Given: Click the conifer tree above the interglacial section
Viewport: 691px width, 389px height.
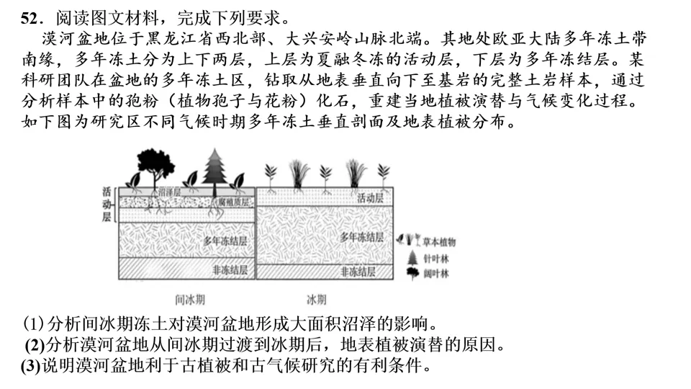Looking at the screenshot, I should coord(214,167).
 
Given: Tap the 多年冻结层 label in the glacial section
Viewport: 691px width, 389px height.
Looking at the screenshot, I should coord(361,237).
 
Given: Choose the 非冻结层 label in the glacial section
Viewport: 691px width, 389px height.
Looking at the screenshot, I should coord(358,272).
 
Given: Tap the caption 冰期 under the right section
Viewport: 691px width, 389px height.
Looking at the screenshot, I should coord(317,299).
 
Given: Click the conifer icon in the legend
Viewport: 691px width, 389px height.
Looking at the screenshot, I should coord(412,257).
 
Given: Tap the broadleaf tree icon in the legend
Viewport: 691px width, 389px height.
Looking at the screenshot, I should coord(412,273).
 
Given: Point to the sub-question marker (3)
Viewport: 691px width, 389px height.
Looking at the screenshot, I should coord(31,365).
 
